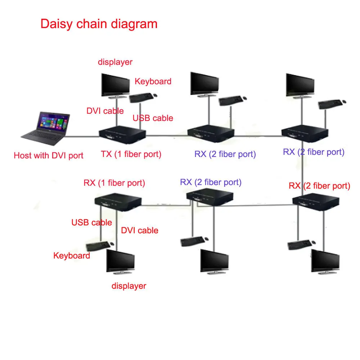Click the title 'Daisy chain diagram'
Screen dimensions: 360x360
coord(99,24)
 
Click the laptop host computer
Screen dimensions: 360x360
coord(45,129)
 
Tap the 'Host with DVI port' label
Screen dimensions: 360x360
coord(49,156)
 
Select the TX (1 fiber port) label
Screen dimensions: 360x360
coord(131,154)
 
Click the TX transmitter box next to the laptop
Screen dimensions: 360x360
coord(122,135)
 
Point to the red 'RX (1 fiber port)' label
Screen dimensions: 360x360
coord(114,183)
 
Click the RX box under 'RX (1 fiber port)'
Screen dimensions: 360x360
coord(118,202)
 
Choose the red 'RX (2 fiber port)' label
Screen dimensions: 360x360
coord(319,186)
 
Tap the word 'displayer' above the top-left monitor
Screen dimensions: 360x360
coord(115,62)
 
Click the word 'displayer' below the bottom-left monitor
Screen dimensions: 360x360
coord(129,286)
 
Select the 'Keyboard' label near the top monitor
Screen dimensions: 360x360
coord(153,81)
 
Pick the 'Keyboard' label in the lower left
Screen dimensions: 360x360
coord(72,256)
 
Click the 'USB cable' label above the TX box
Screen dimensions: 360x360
coord(153,118)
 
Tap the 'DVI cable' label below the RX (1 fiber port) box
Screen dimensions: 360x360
coord(140,230)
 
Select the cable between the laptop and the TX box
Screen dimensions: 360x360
coord(82,136)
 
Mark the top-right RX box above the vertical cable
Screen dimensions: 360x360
coord(305,134)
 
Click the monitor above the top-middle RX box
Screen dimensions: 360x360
coord(204,85)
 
